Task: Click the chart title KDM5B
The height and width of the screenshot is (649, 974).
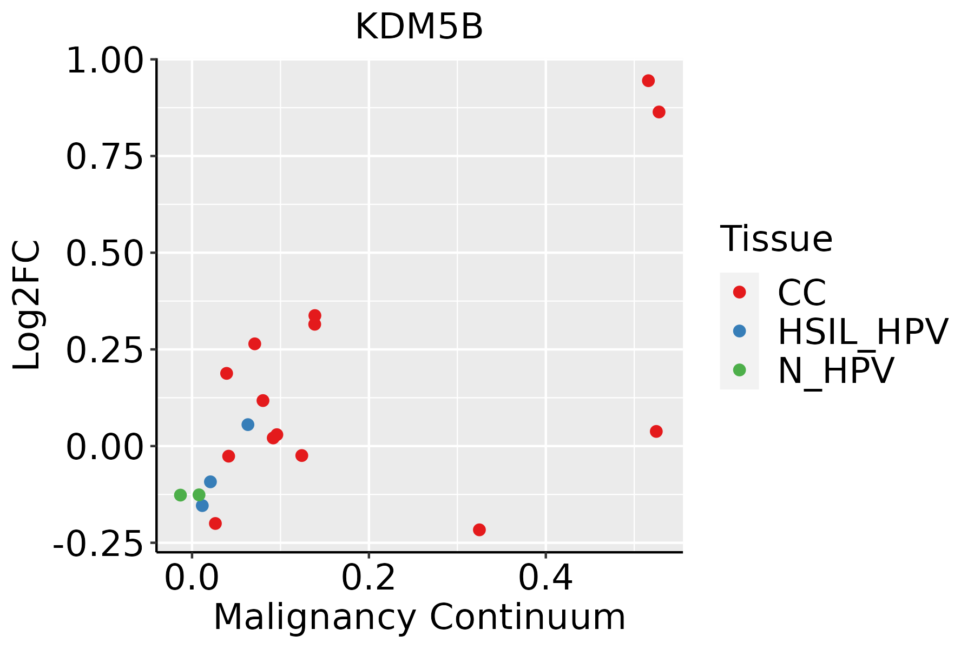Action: click(419, 27)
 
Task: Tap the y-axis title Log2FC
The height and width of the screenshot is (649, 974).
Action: click(27, 306)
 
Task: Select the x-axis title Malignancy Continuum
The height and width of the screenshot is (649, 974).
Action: click(419, 617)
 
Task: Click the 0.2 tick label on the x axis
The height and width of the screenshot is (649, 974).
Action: click(368, 578)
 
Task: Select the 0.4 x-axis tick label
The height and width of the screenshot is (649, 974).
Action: click(545, 578)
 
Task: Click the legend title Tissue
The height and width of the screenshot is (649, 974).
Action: click(776, 239)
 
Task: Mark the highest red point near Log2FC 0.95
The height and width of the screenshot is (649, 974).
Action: click(648, 81)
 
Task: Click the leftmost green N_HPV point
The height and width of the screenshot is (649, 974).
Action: click(180, 495)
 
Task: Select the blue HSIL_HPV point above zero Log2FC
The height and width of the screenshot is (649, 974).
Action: click(248, 425)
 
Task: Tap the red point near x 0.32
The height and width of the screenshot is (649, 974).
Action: click(479, 529)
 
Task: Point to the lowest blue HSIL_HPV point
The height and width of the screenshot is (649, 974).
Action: click(202, 506)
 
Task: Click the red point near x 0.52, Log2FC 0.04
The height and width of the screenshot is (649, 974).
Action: click(656, 431)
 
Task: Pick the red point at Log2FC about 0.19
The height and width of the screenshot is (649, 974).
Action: click(227, 373)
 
